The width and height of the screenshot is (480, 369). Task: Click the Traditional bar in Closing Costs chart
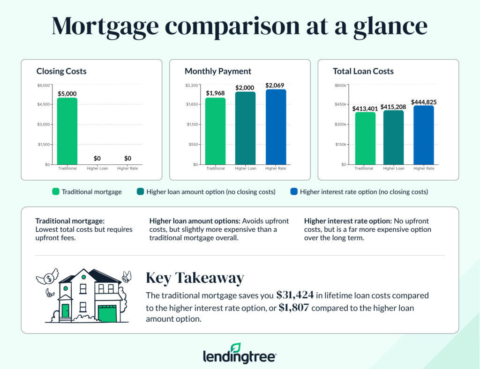point(67,131)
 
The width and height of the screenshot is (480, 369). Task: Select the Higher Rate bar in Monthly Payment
point(275,127)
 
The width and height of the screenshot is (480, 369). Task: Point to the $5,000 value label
point(67,94)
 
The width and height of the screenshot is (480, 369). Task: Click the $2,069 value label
point(275,85)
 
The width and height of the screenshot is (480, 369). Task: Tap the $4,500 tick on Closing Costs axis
point(45,104)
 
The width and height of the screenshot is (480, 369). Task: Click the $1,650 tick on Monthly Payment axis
point(193,104)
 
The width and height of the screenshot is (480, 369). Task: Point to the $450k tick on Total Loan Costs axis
point(341,104)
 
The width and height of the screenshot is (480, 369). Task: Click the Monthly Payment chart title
point(218,71)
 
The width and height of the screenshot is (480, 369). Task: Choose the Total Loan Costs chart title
point(363,71)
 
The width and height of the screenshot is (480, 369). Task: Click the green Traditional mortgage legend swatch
point(56,192)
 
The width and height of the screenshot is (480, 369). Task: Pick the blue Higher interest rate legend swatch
point(294,192)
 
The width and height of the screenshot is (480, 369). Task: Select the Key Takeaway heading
point(195,278)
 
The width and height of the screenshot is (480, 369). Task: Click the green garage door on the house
point(107,313)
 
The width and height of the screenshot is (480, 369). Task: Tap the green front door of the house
point(65,310)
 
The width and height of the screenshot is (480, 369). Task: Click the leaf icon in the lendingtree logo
point(236,347)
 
